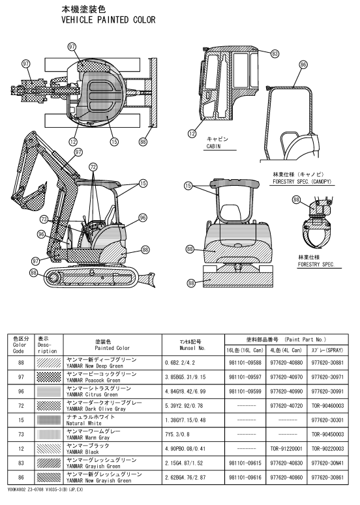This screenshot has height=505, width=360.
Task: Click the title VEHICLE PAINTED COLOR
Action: pyautogui.click(x=108, y=20)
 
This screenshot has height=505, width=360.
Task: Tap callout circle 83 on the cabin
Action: pyautogui.click(x=275, y=53)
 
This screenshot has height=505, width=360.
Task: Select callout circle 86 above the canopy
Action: pyautogui.click(x=303, y=65)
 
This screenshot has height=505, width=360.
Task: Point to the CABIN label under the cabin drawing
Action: pyautogui.click(x=213, y=146)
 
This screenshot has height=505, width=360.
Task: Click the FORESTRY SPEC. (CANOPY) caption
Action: pyautogui.click(x=302, y=182)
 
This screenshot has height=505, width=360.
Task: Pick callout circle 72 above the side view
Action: pyautogui.click(x=93, y=167)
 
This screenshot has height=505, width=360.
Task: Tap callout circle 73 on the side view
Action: pyautogui.click(x=44, y=220)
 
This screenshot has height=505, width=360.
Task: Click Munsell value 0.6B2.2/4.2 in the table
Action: pyautogui.click(x=180, y=363)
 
